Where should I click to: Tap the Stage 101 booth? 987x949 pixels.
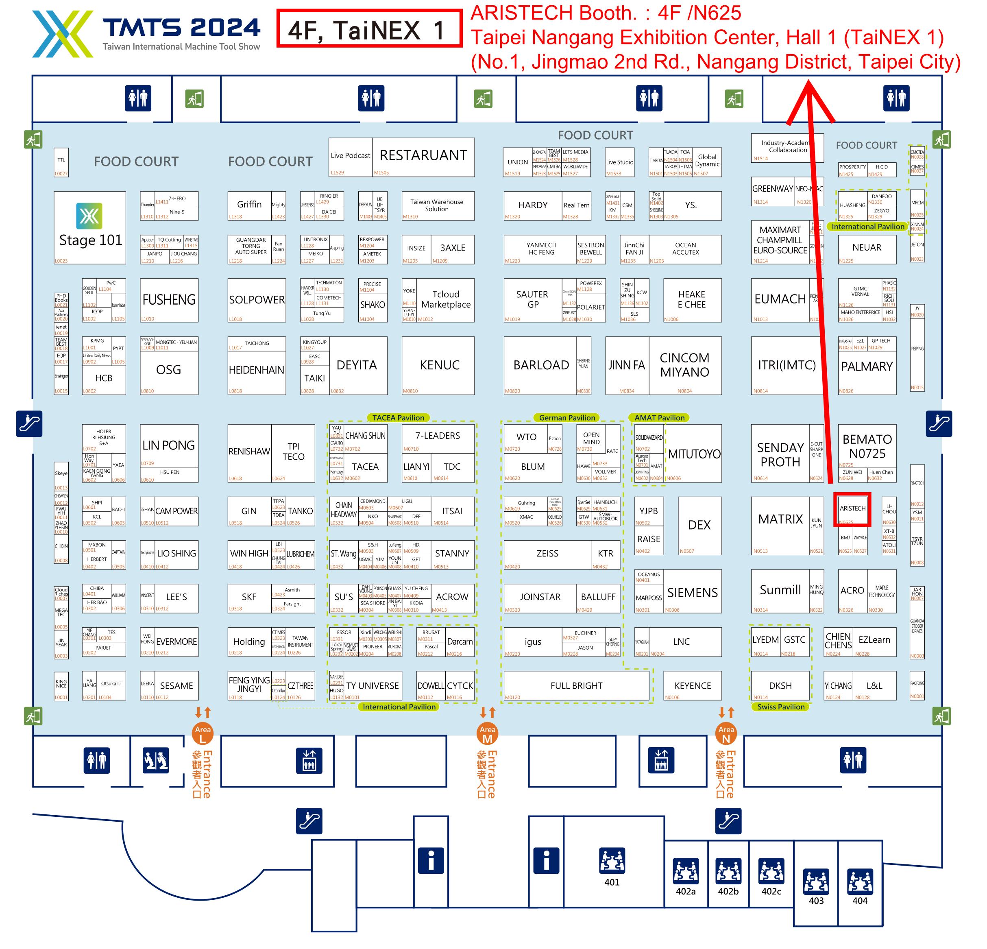pyautogui.click(x=90, y=228)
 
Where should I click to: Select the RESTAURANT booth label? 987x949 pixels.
pyautogui.click(x=423, y=156)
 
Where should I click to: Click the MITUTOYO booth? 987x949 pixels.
pyautogui.click(x=694, y=454)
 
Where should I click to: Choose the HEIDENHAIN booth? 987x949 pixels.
pyautogui.click(x=257, y=370)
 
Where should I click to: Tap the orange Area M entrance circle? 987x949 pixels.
pyautogui.click(x=487, y=733)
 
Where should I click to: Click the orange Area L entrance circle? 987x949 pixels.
pyautogui.click(x=203, y=733)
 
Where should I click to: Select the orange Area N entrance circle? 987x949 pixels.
pyautogui.click(x=726, y=733)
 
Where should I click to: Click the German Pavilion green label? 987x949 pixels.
pyautogui.click(x=567, y=418)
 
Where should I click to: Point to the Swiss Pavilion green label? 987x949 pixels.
pyautogui.click(x=780, y=707)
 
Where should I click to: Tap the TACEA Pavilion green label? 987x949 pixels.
pyautogui.click(x=398, y=418)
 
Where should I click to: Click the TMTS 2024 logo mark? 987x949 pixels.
pyautogui.click(x=63, y=34)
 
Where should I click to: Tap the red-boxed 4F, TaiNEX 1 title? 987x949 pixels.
pyautogui.click(x=369, y=29)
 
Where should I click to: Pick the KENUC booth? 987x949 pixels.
pyautogui.click(x=439, y=365)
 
